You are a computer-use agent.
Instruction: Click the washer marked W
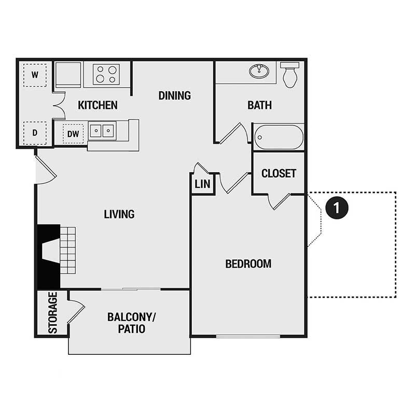coord(35,75)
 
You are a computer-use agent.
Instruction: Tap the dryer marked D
coord(35,133)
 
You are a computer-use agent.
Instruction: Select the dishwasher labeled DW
coord(74,134)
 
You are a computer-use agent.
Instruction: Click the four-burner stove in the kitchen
coord(106,74)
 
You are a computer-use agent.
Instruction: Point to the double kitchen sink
coord(102,130)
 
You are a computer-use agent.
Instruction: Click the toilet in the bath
coord(289,74)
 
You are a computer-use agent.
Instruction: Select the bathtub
coord(279,137)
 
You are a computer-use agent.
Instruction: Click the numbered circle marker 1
coord(337,208)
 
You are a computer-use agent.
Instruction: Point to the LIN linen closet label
coord(202,184)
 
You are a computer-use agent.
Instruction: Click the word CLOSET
coord(279,173)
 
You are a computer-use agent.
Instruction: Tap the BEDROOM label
coord(248,264)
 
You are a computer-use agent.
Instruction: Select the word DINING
coord(174,95)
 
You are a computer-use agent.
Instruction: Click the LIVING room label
coord(119,214)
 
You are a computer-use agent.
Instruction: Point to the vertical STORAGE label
coord(52,313)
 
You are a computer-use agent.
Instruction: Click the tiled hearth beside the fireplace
coord(68,250)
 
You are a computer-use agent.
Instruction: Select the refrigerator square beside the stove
coord(68,74)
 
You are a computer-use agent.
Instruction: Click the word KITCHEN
coord(98,105)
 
